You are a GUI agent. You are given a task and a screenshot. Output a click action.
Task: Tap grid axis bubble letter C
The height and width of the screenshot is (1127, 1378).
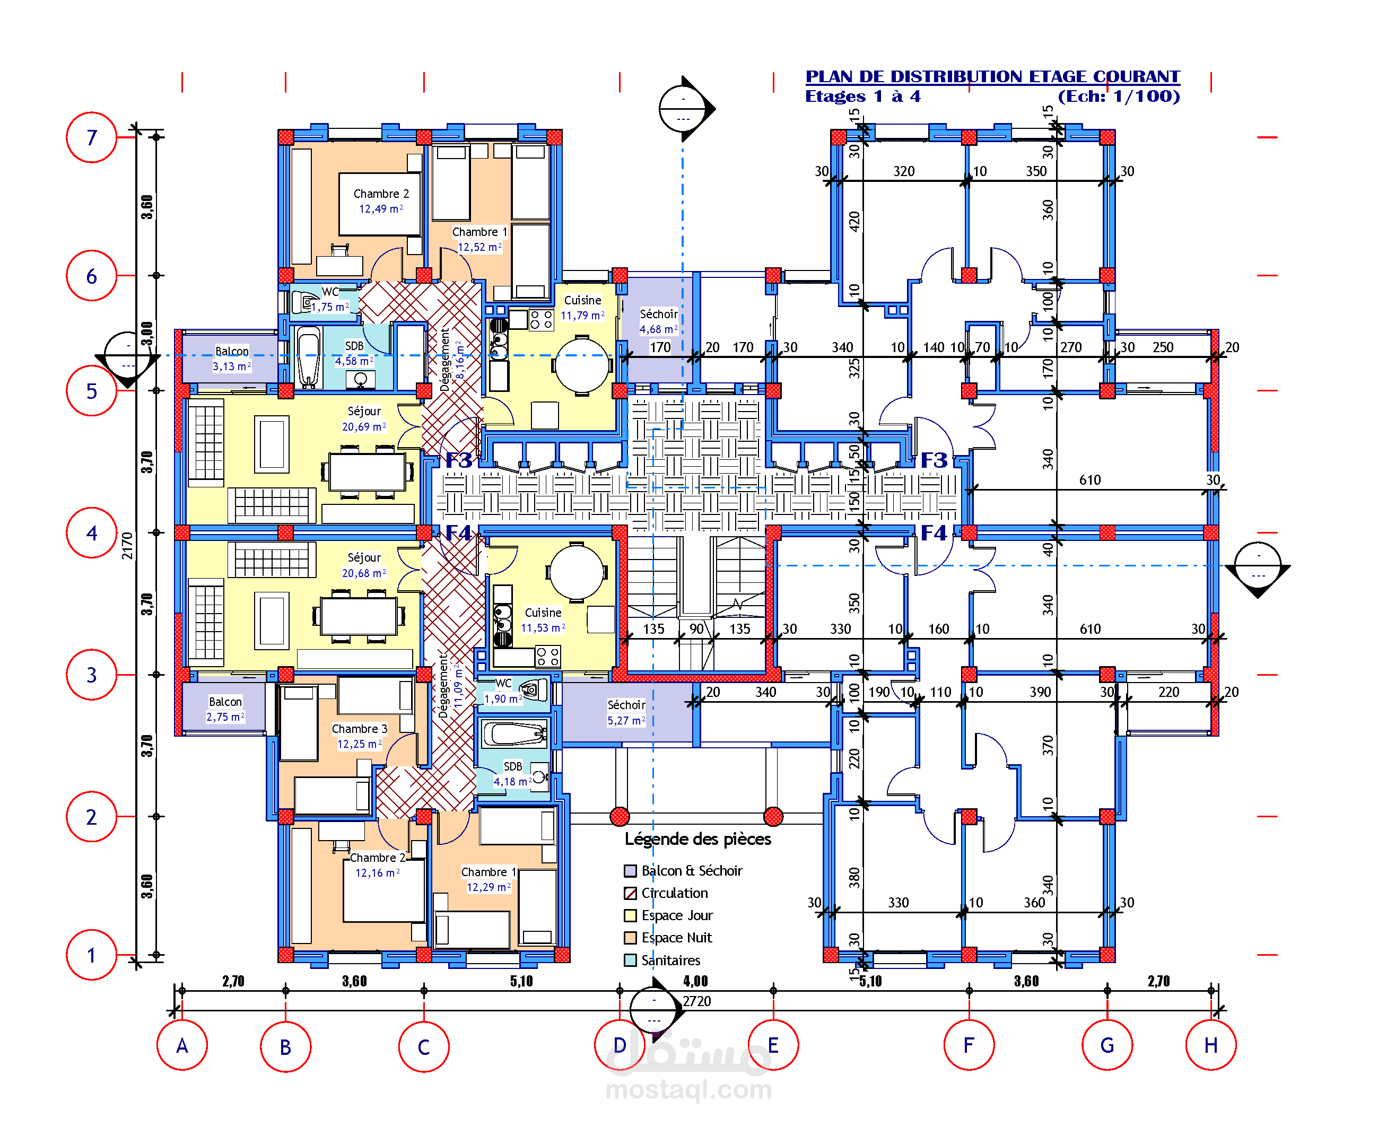[x=423, y=1046]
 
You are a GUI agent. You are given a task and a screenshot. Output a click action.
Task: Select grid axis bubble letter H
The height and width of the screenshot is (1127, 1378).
[x=1210, y=1045]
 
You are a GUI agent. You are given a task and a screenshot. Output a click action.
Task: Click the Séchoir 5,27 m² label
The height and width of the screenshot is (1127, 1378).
[x=626, y=712]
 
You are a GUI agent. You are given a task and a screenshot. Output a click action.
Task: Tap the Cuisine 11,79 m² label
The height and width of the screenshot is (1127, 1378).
[x=582, y=308]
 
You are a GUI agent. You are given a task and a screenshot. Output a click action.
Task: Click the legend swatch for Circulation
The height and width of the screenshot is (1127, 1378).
[x=630, y=893]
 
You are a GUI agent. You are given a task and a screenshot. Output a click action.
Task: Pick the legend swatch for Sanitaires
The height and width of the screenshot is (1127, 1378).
[x=630, y=960]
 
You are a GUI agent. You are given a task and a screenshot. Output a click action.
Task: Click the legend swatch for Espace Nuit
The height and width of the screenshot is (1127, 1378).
[x=630, y=938]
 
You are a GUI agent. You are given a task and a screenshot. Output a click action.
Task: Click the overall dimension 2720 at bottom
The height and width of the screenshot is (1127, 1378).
[x=696, y=1001]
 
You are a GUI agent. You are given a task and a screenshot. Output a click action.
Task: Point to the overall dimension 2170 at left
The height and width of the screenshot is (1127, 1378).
[x=127, y=545]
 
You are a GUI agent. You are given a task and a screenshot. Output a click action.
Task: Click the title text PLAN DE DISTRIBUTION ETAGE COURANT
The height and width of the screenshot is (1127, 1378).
[x=992, y=76]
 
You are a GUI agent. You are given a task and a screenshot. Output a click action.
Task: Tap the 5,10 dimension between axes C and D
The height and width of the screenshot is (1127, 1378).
[x=521, y=981]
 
